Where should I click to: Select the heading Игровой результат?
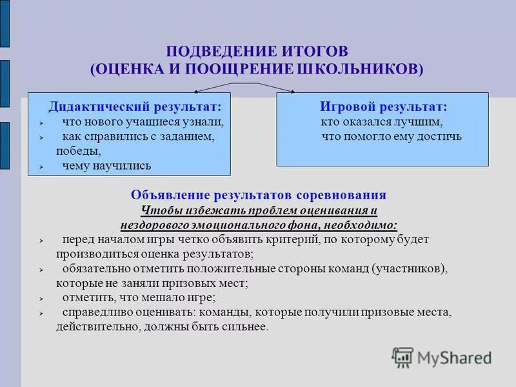click(383, 105)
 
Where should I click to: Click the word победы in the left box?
click(78, 151)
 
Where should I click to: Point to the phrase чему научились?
click(106, 166)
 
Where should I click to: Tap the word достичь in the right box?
click(442, 136)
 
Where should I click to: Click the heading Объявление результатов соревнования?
click(259, 195)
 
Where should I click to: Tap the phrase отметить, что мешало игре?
click(139, 297)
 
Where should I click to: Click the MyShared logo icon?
click(402, 357)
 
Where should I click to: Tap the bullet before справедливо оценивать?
click(41, 313)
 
